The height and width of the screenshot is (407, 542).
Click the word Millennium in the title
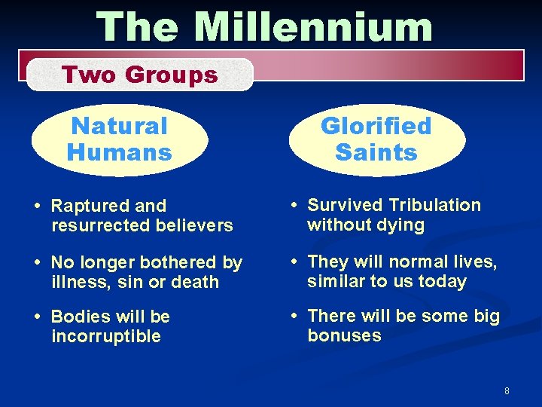pos(313,28)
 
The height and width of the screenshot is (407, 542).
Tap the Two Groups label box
pos(140,75)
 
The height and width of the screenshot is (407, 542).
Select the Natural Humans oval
pos(120,139)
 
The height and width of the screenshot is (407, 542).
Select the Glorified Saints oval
pos(376,139)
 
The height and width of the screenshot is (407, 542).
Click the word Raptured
pos(84,206)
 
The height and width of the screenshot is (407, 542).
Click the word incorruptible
pos(106,336)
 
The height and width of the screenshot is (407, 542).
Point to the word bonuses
pos(344,335)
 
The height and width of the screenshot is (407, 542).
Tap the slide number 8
pos(507,390)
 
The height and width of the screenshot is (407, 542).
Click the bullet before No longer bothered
pos(38,263)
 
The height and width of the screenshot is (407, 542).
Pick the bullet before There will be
pos(296,316)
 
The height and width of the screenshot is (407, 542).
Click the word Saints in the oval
pos(376,153)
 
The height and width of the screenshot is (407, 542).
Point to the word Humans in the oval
pos(120,153)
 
